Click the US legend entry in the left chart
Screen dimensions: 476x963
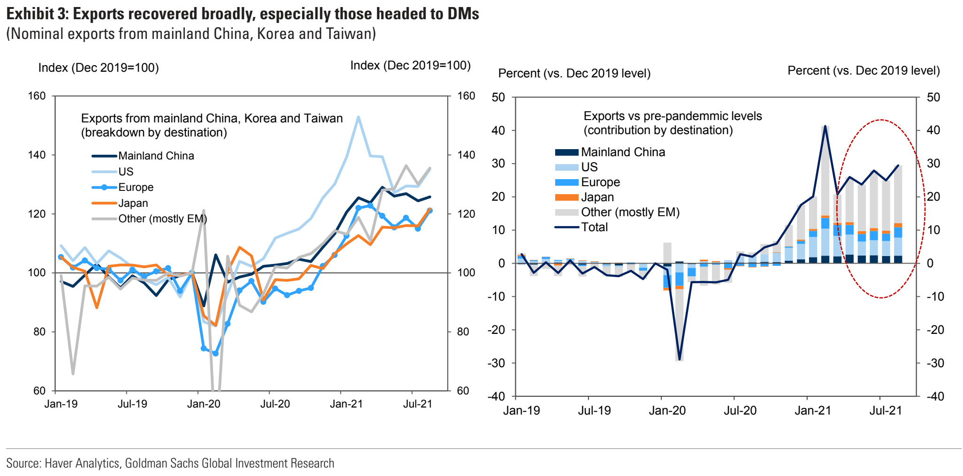pos(126,172)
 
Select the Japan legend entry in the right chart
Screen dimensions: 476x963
pos(597,197)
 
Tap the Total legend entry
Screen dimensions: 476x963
pos(594,227)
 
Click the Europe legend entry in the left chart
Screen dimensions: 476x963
pos(136,187)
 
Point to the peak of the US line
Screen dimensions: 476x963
pos(358,117)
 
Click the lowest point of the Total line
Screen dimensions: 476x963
pos(680,359)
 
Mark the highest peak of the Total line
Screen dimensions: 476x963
pos(825,126)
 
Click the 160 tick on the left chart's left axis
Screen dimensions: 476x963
pos(37,96)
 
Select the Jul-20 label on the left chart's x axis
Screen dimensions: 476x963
pos(275,404)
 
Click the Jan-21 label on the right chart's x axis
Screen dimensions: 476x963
pos(812,411)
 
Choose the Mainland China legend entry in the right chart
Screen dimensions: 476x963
pos(623,152)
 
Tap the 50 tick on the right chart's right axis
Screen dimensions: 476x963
pos(933,98)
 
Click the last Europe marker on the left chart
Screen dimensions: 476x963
pos(429,211)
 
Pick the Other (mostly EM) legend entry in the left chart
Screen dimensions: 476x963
pos(162,219)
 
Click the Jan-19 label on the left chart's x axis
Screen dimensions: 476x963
pos(61,404)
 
